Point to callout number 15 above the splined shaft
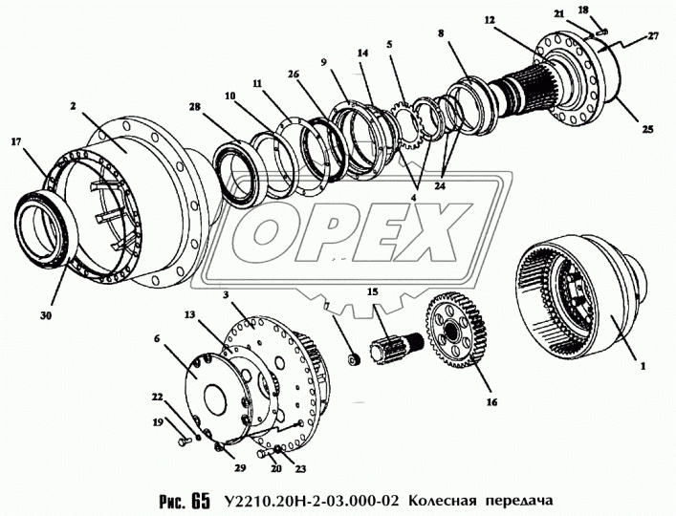pyautogui.click(x=374, y=290)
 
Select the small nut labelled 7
pyautogui.click(x=352, y=359)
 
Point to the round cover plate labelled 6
pyautogui.click(x=215, y=383)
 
